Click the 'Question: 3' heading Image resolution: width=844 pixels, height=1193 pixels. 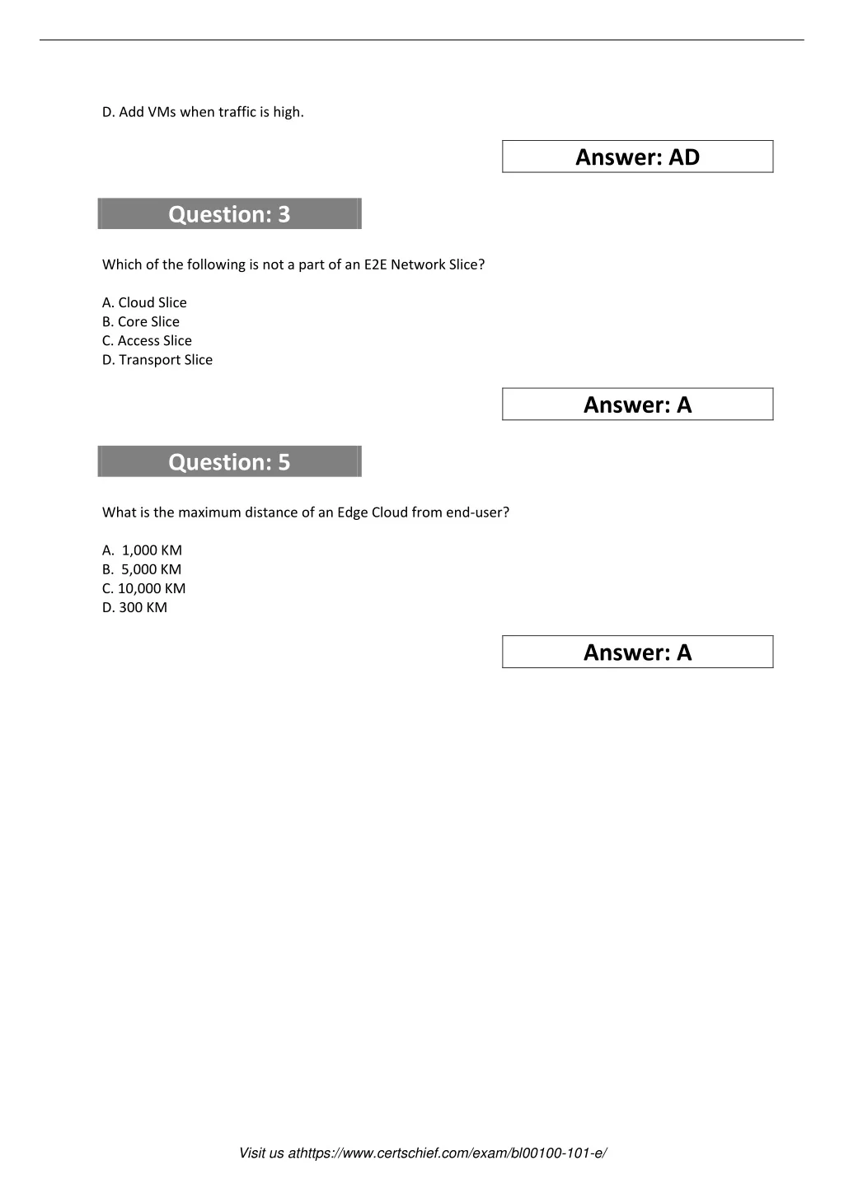[x=229, y=214]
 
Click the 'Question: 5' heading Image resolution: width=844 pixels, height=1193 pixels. [x=229, y=462]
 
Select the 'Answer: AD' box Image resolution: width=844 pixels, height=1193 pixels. [x=637, y=157]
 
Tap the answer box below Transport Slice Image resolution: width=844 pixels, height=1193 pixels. [x=637, y=405]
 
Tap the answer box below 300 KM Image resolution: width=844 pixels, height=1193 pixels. [x=637, y=653]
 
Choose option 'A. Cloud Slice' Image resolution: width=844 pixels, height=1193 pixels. [x=144, y=302]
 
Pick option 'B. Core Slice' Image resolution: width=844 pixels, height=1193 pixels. [x=141, y=321]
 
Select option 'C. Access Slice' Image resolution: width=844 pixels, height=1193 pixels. [x=147, y=340]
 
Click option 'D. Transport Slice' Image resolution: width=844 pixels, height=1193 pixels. [x=157, y=359]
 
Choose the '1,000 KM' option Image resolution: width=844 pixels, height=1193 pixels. [x=143, y=550]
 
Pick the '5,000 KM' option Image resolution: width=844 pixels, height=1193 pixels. [x=142, y=568]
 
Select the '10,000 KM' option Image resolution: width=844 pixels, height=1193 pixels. [x=144, y=588]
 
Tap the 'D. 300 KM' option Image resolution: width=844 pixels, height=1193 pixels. [x=134, y=607]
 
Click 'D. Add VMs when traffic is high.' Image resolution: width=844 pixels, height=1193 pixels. [x=203, y=112]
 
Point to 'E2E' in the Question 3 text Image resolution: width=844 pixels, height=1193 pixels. [x=375, y=264]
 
